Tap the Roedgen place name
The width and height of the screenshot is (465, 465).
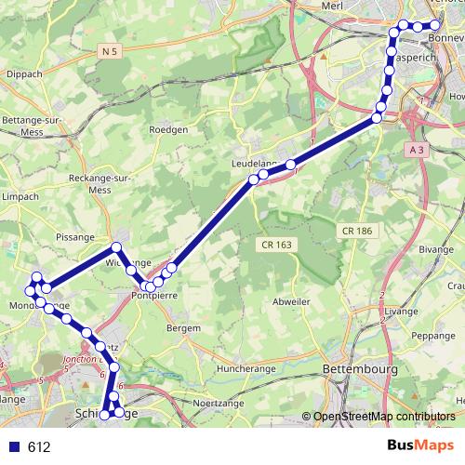[168, 130]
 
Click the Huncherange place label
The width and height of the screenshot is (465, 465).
[246, 369]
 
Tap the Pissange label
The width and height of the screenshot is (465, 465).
[76, 238]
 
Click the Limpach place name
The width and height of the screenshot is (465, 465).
[20, 196]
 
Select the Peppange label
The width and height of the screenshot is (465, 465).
[433, 335]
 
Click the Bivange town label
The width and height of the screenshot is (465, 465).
[436, 249]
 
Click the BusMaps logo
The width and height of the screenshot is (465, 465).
[421, 445]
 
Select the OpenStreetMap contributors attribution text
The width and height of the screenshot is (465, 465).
[385, 417]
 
